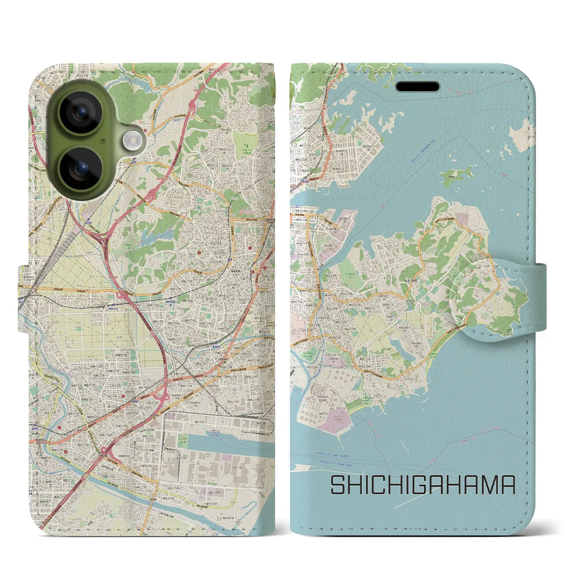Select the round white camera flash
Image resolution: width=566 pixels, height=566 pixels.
tap(131, 141)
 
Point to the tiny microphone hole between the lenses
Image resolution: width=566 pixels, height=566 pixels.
tap(103, 141)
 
